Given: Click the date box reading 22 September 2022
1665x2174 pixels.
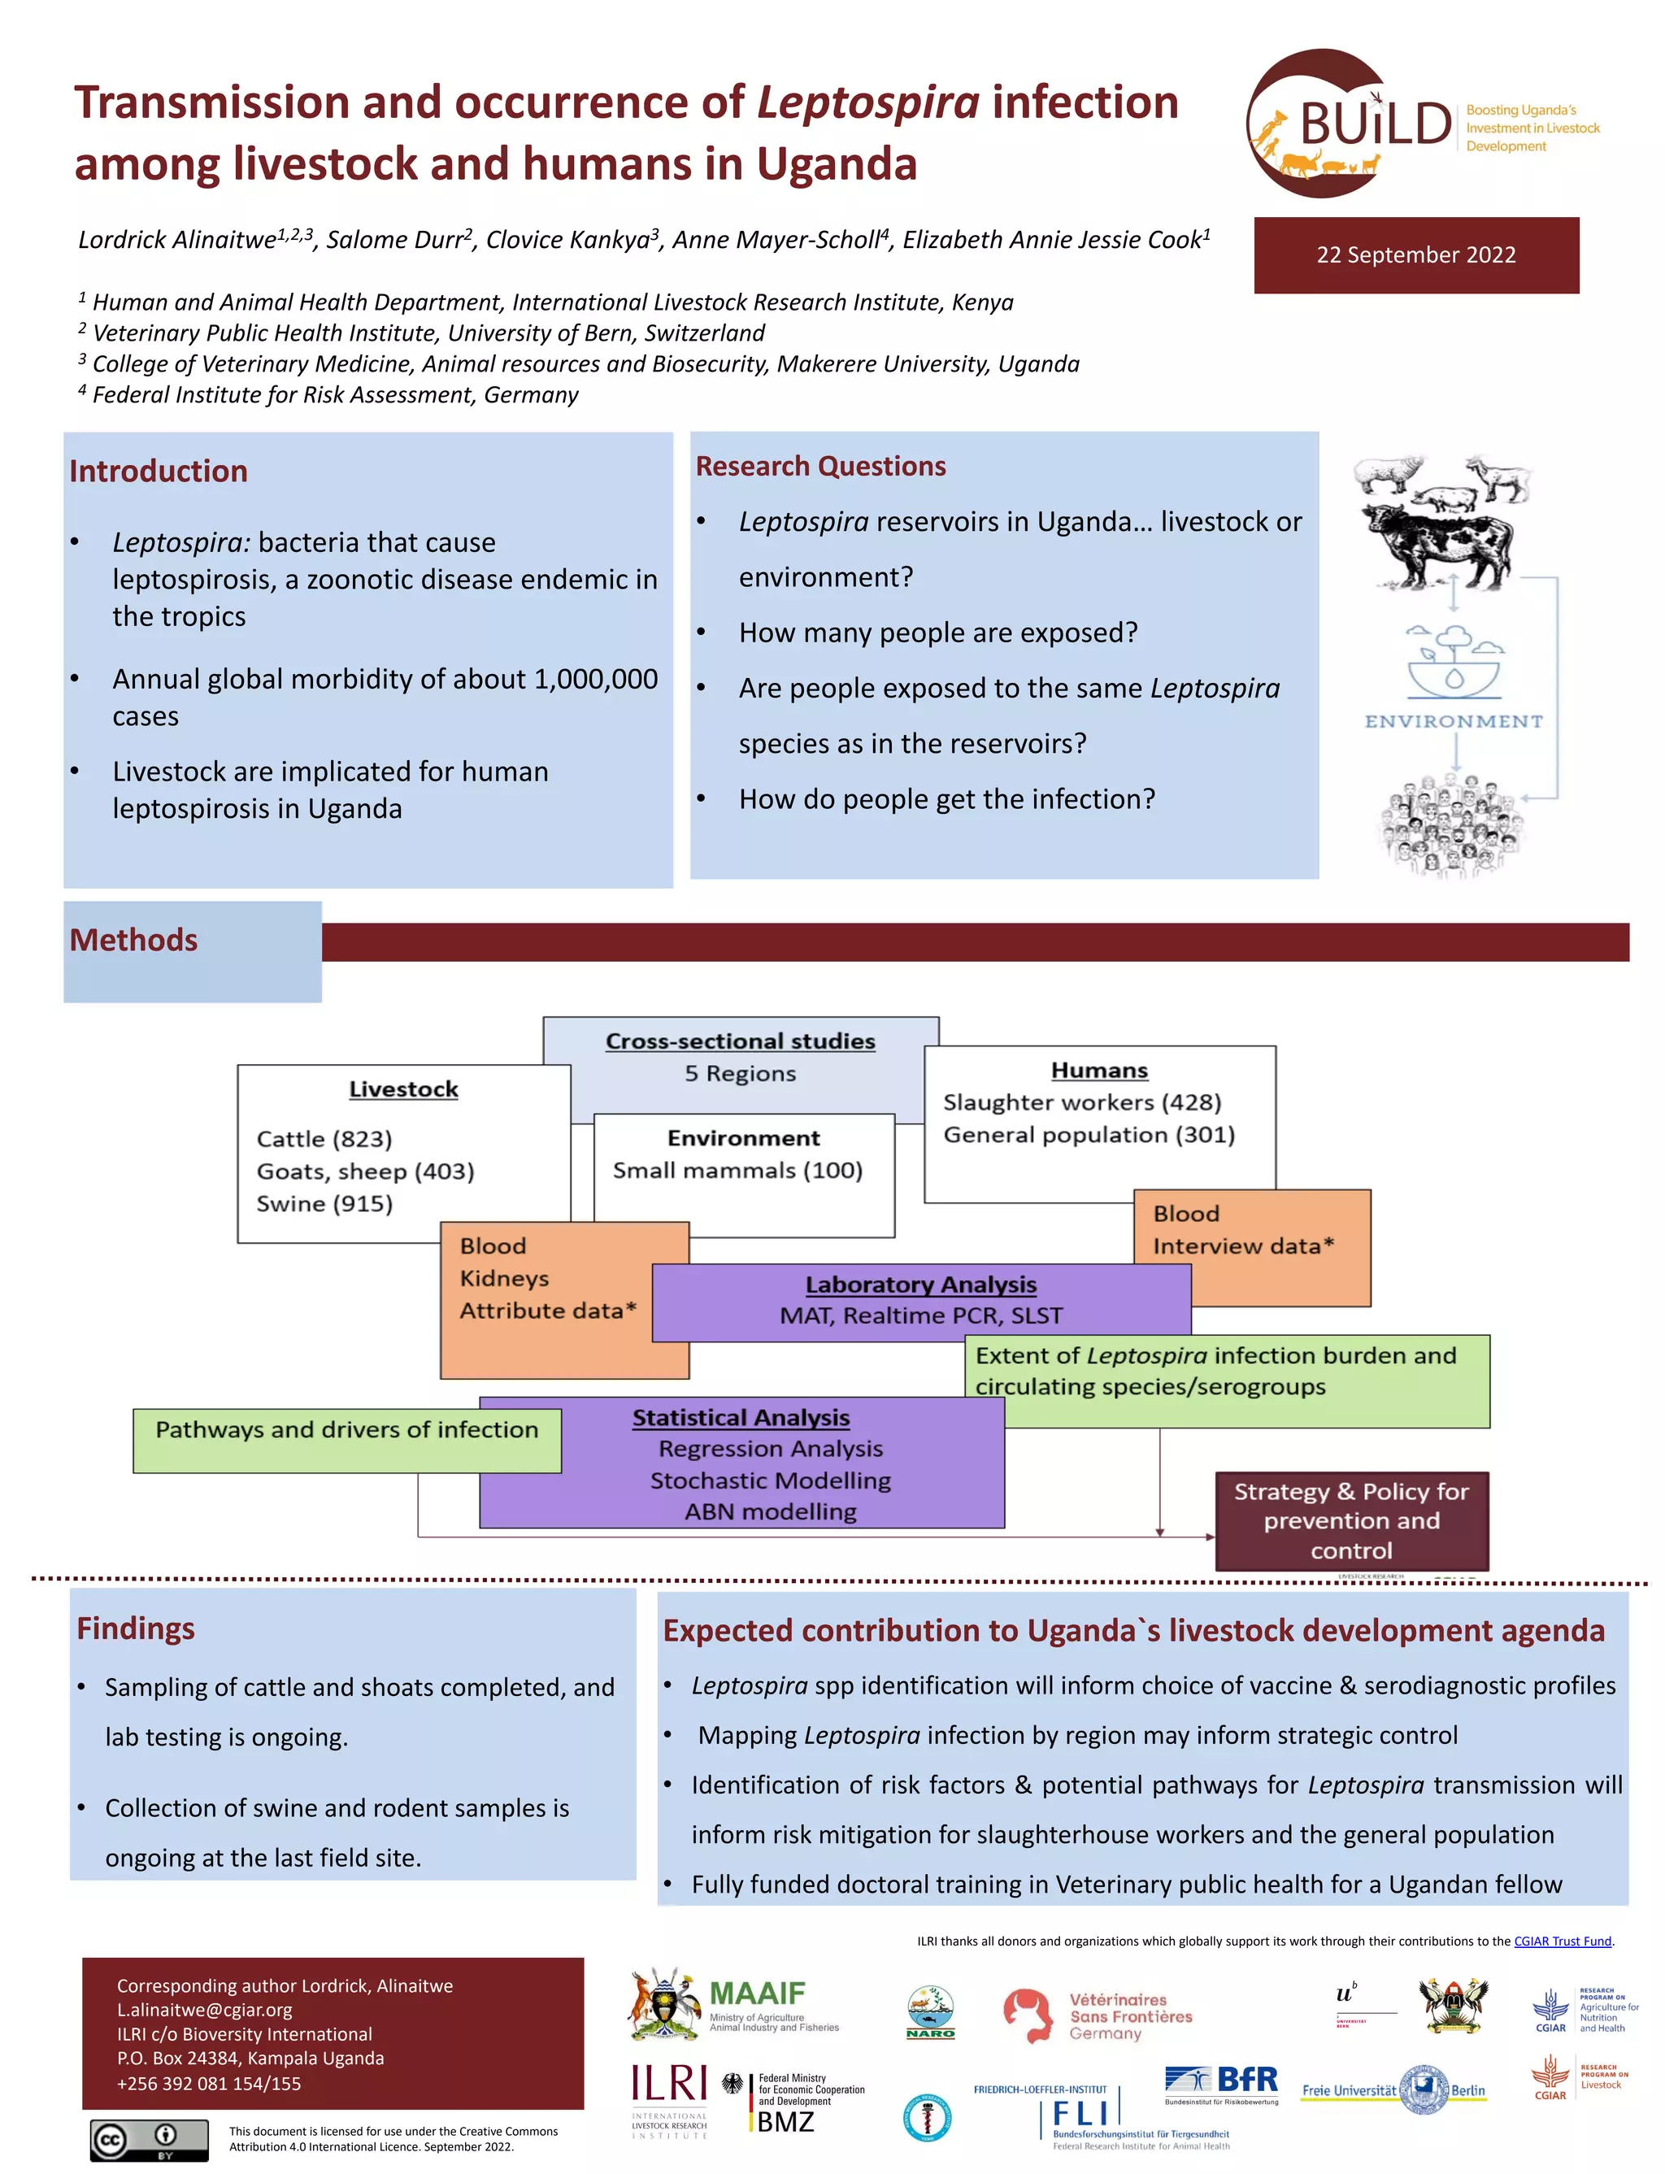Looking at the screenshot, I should click(x=1415, y=254).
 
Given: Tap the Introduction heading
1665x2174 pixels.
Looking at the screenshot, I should click(x=159, y=471).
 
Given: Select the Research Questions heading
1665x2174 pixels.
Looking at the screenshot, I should click(x=820, y=466).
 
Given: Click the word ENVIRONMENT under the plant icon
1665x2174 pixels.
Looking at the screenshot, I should click(x=1453, y=721).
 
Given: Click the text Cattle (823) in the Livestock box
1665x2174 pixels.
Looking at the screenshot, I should click(x=324, y=1138).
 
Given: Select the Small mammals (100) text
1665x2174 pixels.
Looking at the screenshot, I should click(x=737, y=1170).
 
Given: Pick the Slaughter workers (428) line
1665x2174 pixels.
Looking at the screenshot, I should click(x=1081, y=1102).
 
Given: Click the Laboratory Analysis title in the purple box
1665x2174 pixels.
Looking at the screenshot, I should click(x=920, y=1285).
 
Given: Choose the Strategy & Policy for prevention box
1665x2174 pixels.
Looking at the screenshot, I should click(x=1351, y=1520).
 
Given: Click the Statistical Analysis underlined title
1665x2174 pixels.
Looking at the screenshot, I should click(x=741, y=1417).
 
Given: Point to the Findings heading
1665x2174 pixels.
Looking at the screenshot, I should click(x=136, y=1628).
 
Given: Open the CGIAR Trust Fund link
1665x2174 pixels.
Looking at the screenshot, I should click(x=1562, y=1941).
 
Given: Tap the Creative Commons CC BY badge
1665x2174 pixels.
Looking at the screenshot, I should click(x=150, y=2141).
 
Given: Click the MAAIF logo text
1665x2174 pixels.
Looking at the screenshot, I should click(x=757, y=1994).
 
